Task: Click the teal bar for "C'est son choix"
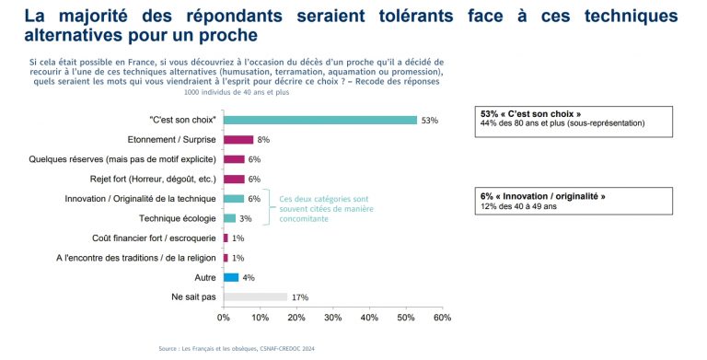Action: pyautogui.click(x=319, y=120)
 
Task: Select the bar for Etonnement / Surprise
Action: pyautogui.click(x=238, y=140)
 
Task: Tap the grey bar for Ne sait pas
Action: pyautogui.click(x=254, y=297)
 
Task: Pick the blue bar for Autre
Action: pyautogui.click(x=230, y=277)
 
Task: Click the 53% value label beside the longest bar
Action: pyautogui.click(x=430, y=121)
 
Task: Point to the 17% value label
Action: pyautogui.click(x=299, y=297)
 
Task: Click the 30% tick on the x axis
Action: pyautogui.click(x=332, y=318)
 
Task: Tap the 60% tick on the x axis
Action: pyautogui.click(x=442, y=318)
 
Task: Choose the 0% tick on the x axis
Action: pyautogui.click(x=223, y=318)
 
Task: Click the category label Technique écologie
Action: pyautogui.click(x=177, y=218)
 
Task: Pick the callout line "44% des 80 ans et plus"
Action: pyautogui.click(x=562, y=122)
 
